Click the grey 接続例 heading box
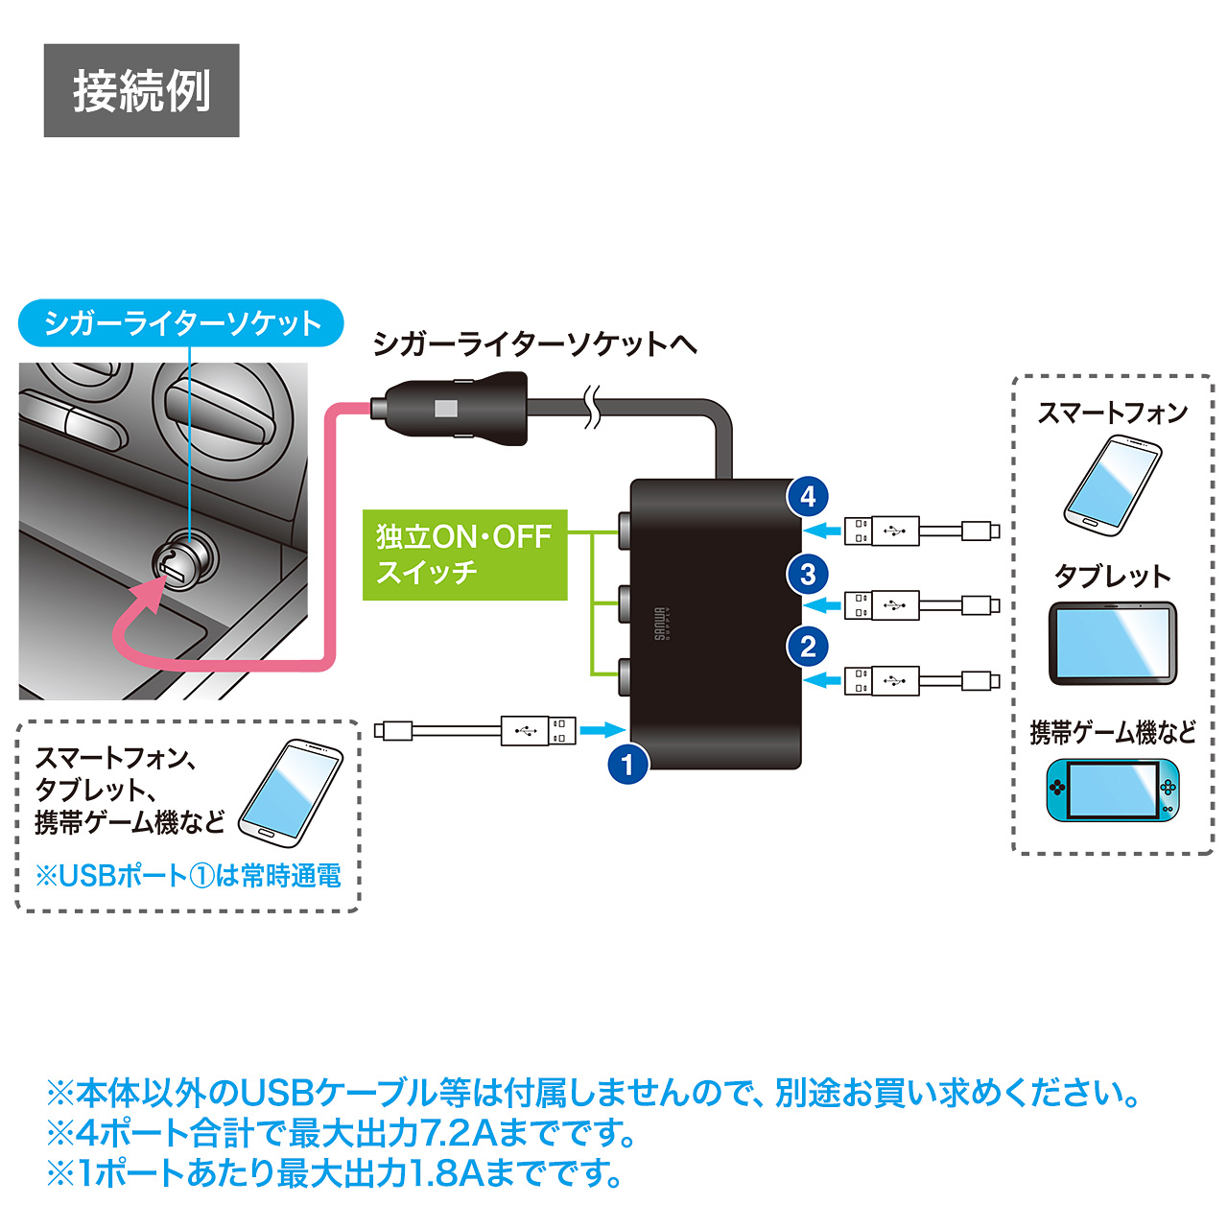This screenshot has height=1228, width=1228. coord(141,90)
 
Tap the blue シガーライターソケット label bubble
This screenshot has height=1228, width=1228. coord(181,323)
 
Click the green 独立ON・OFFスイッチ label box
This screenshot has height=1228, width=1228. coord(464,555)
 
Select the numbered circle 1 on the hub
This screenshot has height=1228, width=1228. coord(628,765)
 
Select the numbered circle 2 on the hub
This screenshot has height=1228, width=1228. coord(808,646)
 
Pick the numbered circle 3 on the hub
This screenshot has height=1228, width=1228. coord(808,574)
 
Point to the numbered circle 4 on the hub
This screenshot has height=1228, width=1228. coord(808,496)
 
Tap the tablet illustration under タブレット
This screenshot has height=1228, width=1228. coord(1112,643)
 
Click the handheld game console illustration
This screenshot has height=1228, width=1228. coord(1113,790)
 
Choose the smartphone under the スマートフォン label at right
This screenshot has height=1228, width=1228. coord(1113,485)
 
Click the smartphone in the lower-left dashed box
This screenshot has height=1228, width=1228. coord(291,792)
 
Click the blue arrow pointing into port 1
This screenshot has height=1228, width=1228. coord(602,730)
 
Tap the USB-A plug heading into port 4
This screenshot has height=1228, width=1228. coord(882,530)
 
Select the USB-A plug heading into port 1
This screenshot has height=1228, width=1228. coord(539,731)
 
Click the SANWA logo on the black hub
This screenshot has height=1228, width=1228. coord(662,625)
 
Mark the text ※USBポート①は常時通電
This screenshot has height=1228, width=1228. coord(188,875)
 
